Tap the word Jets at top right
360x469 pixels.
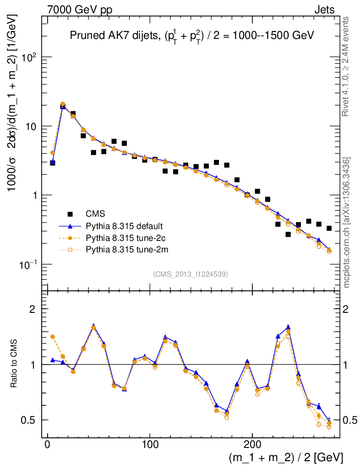tap(324, 9)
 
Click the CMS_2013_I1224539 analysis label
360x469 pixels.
tap(191, 274)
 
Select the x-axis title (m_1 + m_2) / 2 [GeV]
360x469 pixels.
tap(285, 458)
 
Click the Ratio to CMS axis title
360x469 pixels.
tap(14, 364)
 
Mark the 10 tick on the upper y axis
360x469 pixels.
tap(31, 126)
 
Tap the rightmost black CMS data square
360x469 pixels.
tap(329, 228)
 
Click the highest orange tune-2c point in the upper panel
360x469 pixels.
tap(63, 104)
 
